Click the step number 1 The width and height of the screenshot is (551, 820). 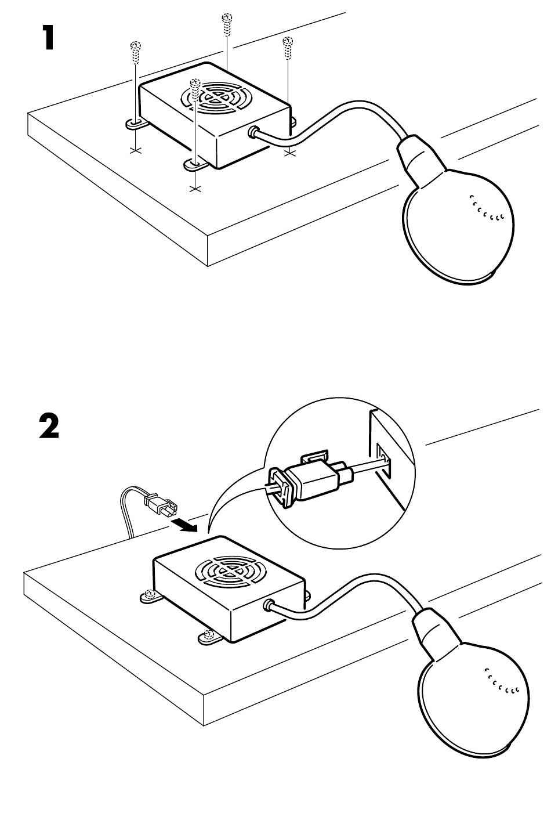click(x=45, y=38)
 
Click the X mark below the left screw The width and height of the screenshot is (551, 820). click(x=135, y=151)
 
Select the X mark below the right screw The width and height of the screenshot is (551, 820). click(x=291, y=152)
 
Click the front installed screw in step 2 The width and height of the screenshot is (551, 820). click(x=208, y=637)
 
